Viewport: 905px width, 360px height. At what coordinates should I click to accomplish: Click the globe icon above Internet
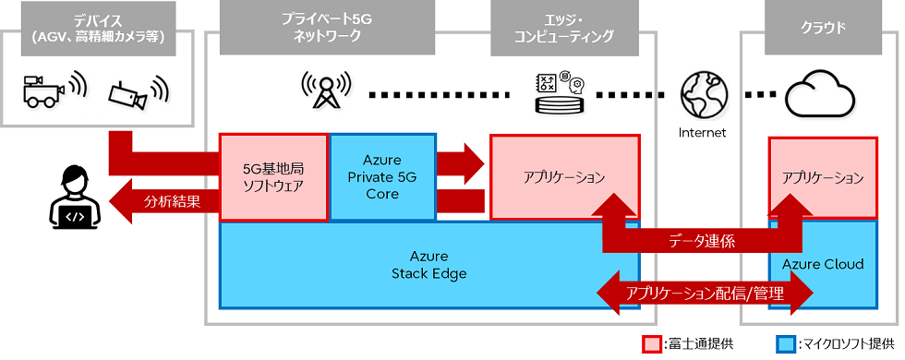pos(701,94)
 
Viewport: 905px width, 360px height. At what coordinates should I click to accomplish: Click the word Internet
pos(701,132)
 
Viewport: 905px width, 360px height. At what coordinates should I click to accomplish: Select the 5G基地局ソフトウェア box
pos(273,177)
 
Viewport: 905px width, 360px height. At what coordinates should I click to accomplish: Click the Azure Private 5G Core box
pos(382,177)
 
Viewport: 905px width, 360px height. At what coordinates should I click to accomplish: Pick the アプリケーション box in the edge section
pos(564,175)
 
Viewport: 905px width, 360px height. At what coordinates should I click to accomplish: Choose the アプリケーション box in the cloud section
pos(822,176)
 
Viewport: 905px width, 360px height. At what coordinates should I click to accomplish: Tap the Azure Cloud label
pos(823,265)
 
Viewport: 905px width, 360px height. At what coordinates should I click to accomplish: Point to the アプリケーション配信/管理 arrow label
pos(705,294)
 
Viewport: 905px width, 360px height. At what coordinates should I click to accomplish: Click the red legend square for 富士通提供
pos(651,343)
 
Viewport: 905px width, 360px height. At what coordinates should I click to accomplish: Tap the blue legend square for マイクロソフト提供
pos(786,343)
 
